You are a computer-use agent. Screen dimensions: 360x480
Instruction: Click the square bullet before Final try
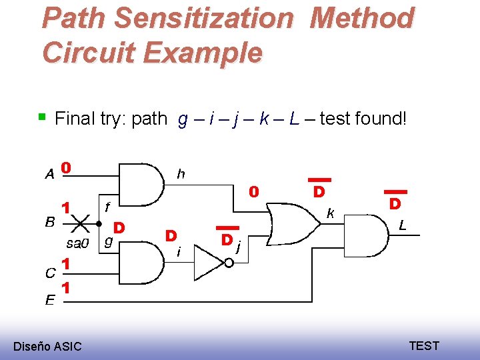coord(42,117)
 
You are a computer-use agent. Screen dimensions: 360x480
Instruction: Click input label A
coord(49,175)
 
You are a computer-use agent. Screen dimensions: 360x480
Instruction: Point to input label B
coord(49,222)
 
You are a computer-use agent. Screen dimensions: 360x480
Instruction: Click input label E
coord(50,301)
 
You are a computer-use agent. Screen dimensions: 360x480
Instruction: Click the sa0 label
coord(78,242)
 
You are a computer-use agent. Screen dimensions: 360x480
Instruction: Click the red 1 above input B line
coord(66,207)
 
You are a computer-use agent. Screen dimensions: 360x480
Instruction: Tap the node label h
coord(181,174)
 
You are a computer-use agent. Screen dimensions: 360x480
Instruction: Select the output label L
coord(403,227)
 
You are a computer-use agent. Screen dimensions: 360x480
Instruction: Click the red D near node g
coord(119,227)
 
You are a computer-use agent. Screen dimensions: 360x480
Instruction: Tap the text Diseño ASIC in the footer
coord(47,346)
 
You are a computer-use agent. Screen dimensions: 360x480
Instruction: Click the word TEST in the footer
coord(424,345)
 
